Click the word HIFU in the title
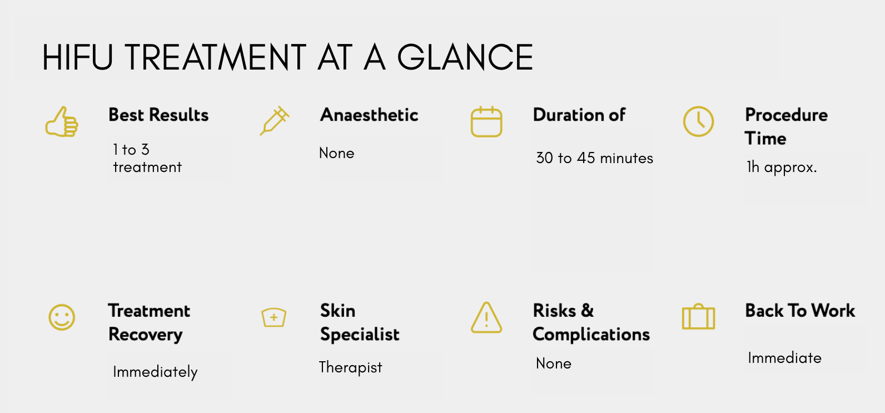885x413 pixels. pyautogui.click(x=77, y=57)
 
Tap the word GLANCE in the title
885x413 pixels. pyautogui.click(x=465, y=57)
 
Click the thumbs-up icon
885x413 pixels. pyautogui.click(x=62, y=122)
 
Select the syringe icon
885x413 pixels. pyautogui.click(x=274, y=121)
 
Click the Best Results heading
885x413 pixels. pyautogui.click(x=158, y=115)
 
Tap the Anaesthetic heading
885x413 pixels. pyautogui.click(x=369, y=115)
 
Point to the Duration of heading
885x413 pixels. pyautogui.click(x=579, y=115)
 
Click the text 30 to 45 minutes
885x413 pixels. pyautogui.click(x=595, y=158)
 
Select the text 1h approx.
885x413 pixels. pyautogui.click(x=782, y=168)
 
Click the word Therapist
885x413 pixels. pyautogui.click(x=350, y=367)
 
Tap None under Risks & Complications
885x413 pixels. pyautogui.click(x=554, y=363)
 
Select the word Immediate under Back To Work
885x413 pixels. pyautogui.click(x=784, y=358)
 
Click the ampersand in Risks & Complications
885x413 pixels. pyautogui.click(x=587, y=311)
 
